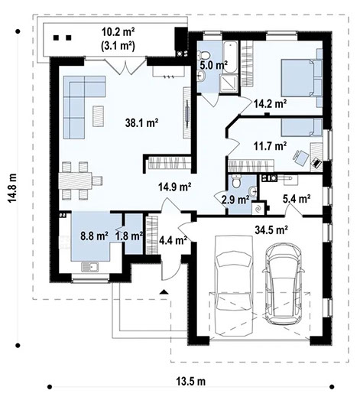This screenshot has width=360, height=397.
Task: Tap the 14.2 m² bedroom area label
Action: (271, 103)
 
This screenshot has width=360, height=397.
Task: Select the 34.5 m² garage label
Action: (270, 229)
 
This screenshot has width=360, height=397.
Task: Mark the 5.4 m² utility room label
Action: (296, 199)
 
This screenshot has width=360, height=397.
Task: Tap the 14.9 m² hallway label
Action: (174, 186)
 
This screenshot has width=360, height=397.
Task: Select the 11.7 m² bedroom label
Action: (271, 145)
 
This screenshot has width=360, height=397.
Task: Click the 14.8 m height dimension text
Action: (12, 187)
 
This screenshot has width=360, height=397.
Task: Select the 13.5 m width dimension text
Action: (186, 381)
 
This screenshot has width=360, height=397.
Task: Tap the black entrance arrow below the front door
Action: (163, 292)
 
